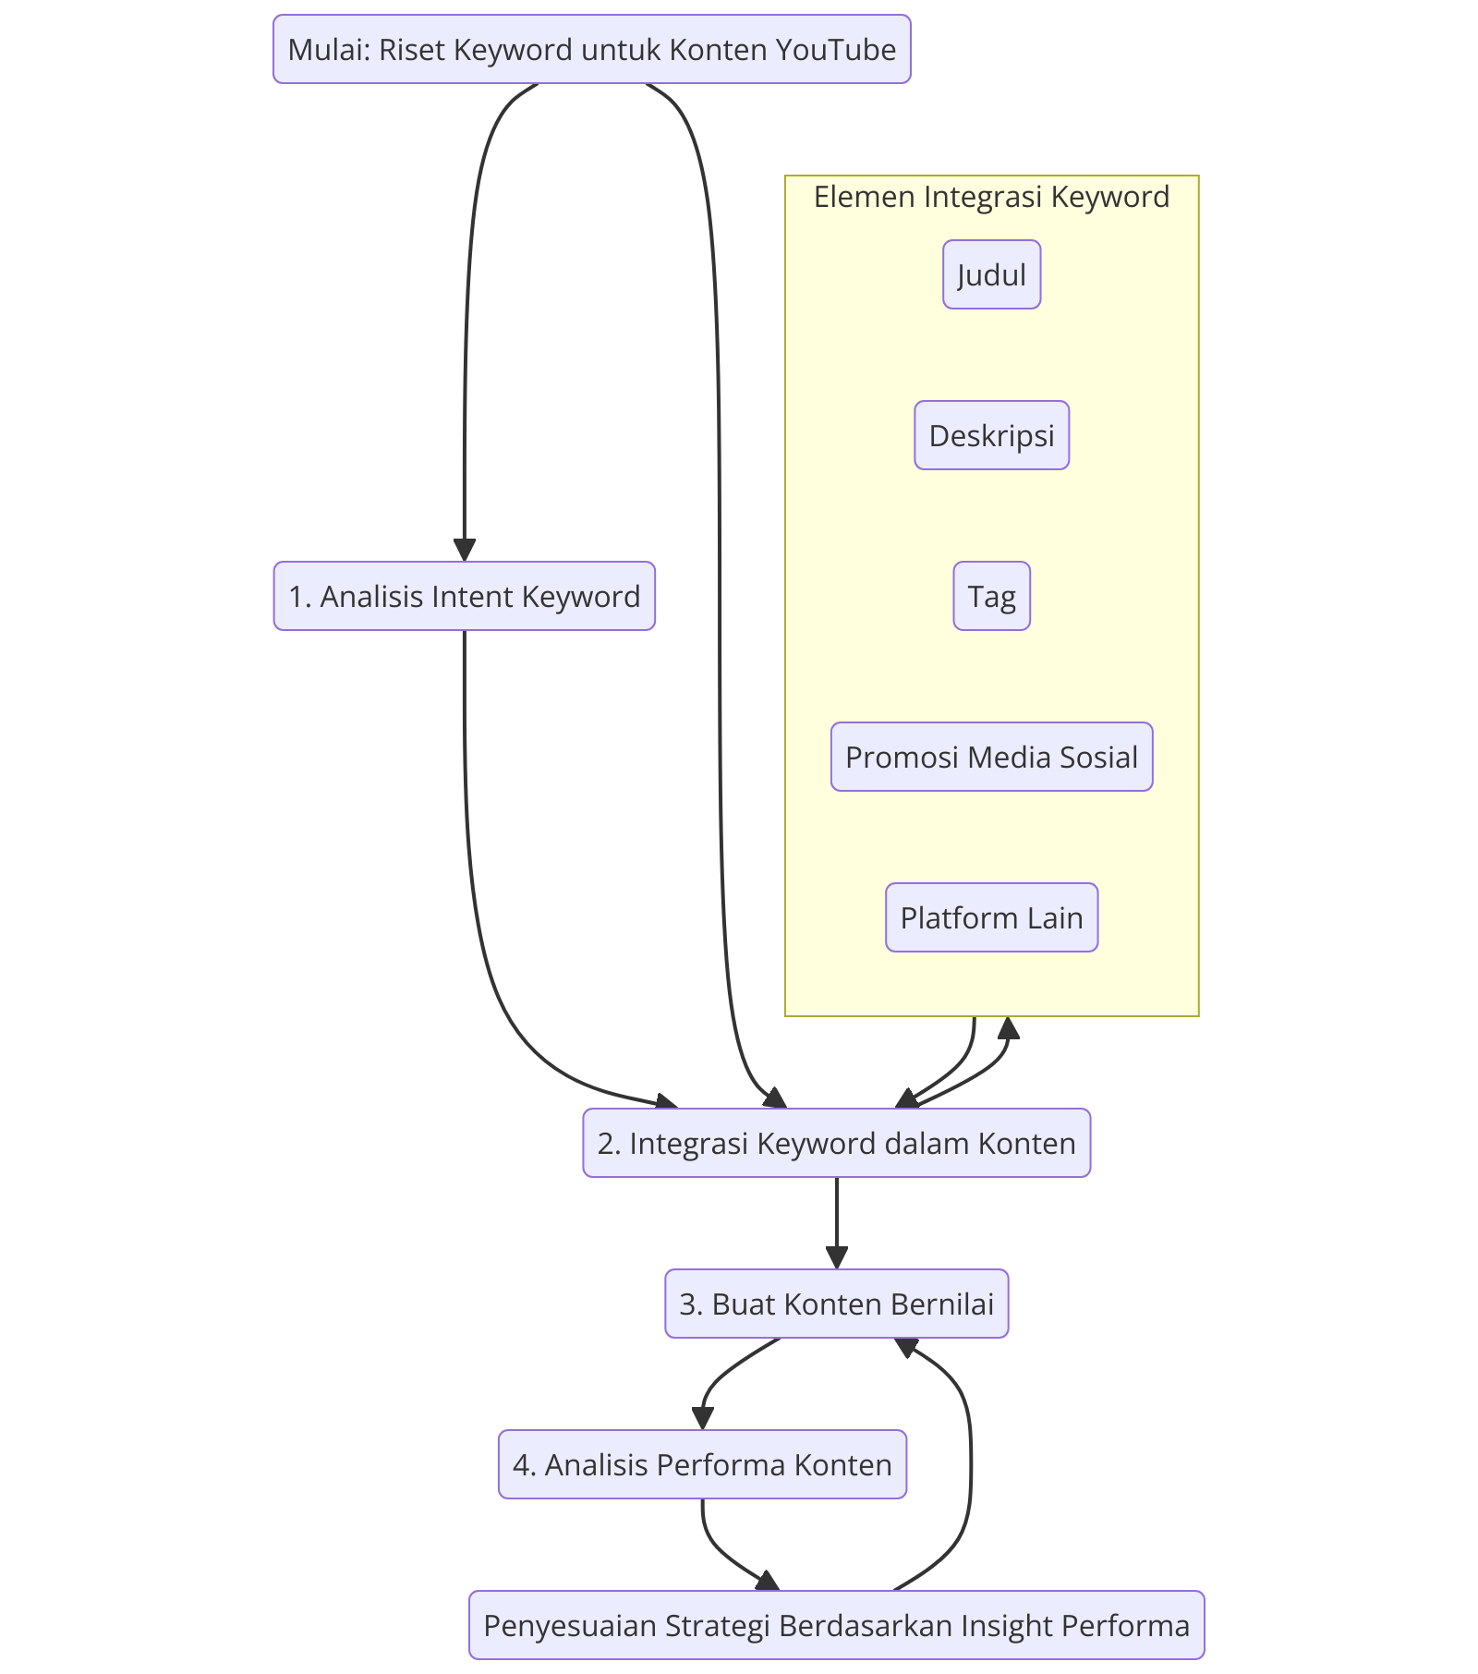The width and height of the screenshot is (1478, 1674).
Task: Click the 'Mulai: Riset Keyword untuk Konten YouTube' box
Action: click(x=591, y=49)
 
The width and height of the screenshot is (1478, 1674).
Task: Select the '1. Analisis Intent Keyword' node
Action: click(x=464, y=596)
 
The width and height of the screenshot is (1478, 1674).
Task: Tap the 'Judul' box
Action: click(x=991, y=274)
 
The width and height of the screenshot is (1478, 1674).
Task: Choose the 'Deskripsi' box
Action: click(x=991, y=435)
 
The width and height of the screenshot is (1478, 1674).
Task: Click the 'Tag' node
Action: click(x=991, y=596)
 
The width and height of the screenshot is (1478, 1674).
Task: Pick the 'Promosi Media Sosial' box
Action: click(x=991, y=757)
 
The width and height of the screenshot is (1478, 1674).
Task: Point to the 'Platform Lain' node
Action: click(x=991, y=917)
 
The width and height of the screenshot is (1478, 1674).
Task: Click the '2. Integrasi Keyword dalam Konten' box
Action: click(x=836, y=1143)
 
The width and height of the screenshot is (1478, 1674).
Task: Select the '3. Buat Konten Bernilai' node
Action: click(x=836, y=1304)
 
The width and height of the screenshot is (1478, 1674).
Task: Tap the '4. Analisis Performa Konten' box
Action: click(x=702, y=1464)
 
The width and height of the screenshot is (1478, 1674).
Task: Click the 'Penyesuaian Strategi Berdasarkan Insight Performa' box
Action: click(x=836, y=1625)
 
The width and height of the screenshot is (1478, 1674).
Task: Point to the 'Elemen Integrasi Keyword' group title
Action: click(x=991, y=197)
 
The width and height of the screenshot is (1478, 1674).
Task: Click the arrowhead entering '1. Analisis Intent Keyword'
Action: click(x=465, y=551)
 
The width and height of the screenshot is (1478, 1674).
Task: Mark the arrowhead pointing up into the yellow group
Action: click(x=1009, y=1027)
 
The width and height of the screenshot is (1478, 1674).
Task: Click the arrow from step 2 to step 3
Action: click(x=837, y=1223)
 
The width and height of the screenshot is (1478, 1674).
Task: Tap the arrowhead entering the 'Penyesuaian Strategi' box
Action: click(x=769, y=1582)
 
